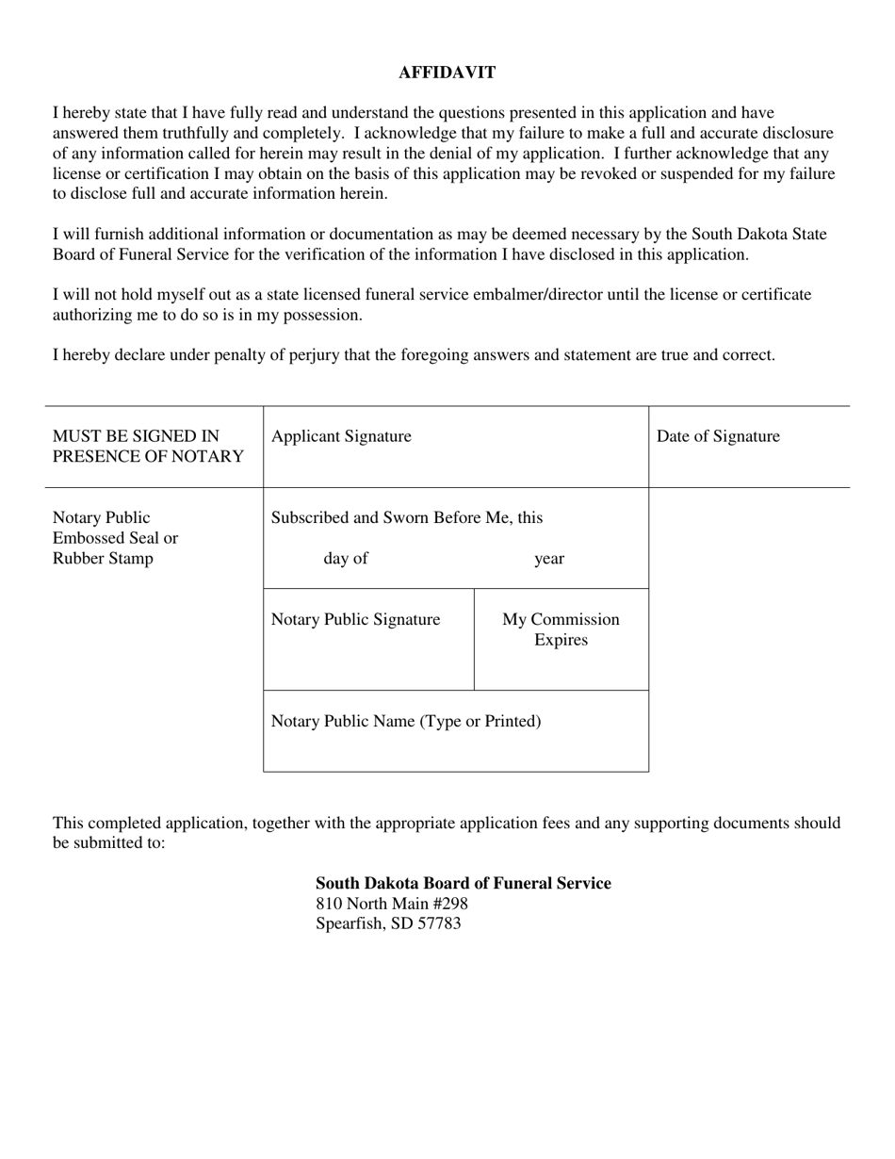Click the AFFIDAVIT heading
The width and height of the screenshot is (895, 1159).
pyautogui.click(x=447, y=73)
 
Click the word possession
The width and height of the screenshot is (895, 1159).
pyautogui.click(x=326, y=315)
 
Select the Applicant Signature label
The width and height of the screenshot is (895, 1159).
pyautogui.click(x=341, y=436)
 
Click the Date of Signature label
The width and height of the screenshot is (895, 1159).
pyautogui.click(x=718, y=436)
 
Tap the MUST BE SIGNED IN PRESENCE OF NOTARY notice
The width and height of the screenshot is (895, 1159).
pyautogui.click(x=148, y=447)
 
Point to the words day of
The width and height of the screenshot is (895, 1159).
pyautogui.click(x=345, y=559)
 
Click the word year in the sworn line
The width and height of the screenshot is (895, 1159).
pyautogui.click(x=549, y=559)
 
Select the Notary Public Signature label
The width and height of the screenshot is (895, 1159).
pyautogui.click(x=355, y=620)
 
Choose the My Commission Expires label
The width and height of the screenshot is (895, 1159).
pyautogui.click(x=561, y=629)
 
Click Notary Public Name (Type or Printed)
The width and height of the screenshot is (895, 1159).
pyautogui.click(x=406, y=722)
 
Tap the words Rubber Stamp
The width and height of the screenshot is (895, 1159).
pyautogui.click(x=103, y=559)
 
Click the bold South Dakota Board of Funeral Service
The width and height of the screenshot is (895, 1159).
pyautogui.click(x=463, y=884)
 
